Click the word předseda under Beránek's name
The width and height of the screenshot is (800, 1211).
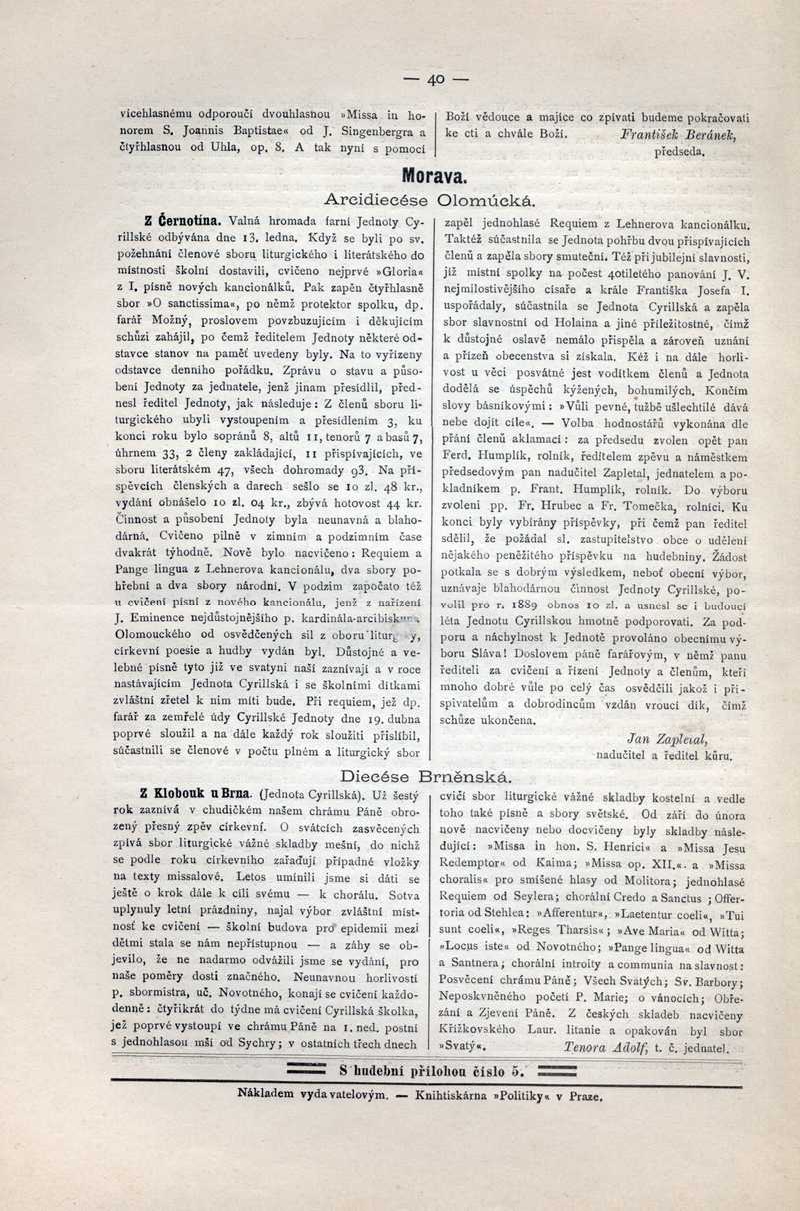680,152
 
